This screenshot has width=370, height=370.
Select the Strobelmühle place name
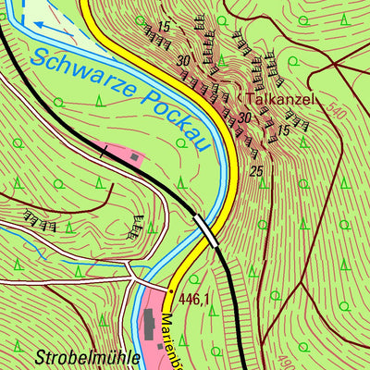point(88,355)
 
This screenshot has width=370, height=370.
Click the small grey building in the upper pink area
point(136,158)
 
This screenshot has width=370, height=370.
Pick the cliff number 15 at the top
point(164,25)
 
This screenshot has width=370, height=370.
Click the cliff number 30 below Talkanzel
point(243,118)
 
